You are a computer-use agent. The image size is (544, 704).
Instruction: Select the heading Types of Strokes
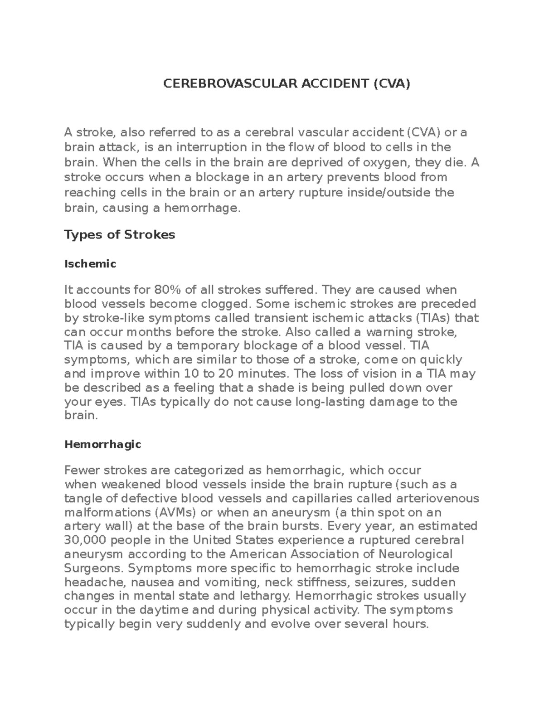[120, 235]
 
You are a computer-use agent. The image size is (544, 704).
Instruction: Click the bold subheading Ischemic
[90, 264]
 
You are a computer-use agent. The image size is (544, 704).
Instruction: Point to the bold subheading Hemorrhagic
[103, 444]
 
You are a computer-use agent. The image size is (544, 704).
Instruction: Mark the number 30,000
[86, 540]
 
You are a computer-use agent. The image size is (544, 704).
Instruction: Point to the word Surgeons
[93, 568]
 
